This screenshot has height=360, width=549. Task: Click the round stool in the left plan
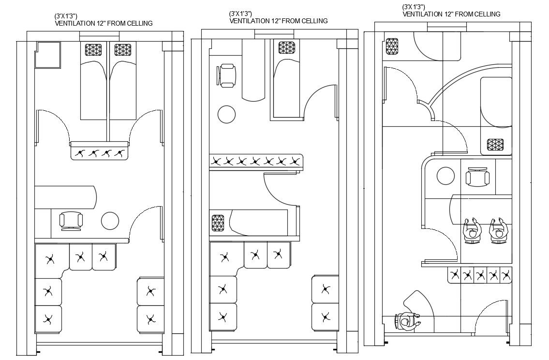point(110,221)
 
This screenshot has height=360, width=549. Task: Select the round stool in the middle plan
point(226,115)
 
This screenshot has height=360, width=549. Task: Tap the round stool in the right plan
point(445,176)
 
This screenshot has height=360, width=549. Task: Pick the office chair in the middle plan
point(227,76)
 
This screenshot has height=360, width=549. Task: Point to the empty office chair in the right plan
point(477,177)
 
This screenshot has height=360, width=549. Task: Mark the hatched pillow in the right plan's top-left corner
point(392,46)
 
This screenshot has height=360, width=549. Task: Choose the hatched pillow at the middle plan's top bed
point(287,47)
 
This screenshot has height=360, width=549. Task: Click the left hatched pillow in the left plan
point(94,50)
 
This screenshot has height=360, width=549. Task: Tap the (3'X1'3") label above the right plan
point(414,7)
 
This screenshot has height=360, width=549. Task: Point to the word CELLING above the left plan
point(138,23)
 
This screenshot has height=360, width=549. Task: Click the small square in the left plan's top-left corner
point(47,55)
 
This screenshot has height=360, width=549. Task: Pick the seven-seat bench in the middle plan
point(255,161)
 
